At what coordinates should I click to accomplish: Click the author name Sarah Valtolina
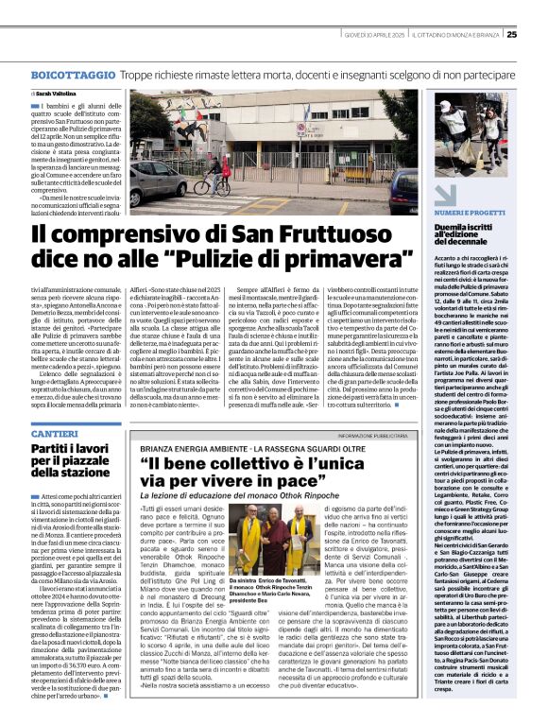pyautogui.click(x=59, y=95)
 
